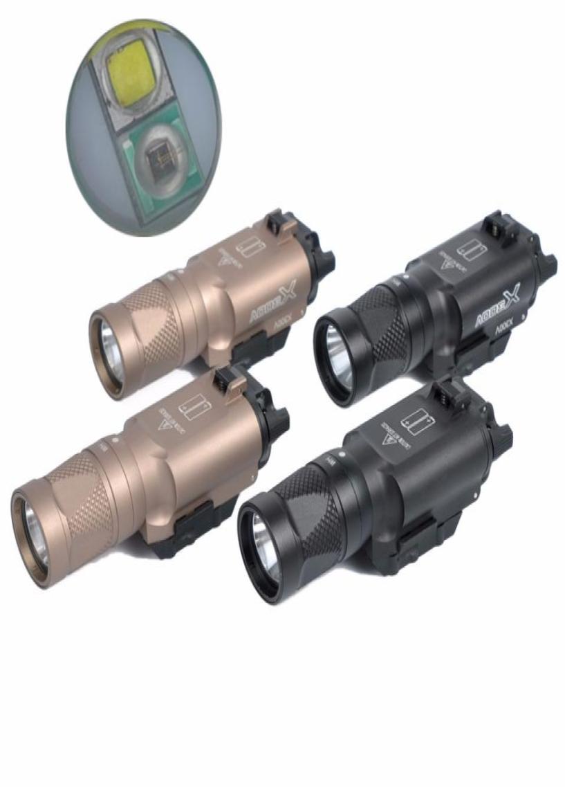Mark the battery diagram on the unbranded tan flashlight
coord(196,404)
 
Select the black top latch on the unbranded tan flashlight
coord(228,379)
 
